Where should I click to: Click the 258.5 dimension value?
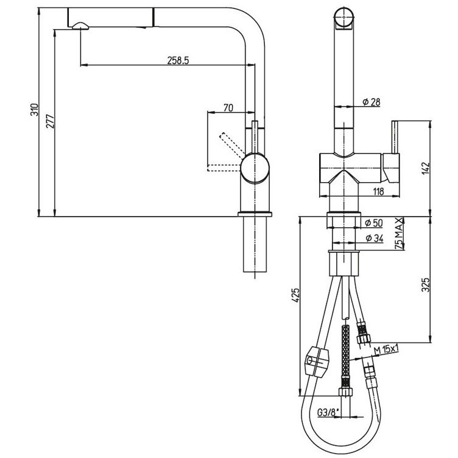(178, 60)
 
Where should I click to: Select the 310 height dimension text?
(35, 110)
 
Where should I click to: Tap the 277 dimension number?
(50, 121)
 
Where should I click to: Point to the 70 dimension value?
(228, 108)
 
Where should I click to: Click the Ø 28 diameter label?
(372, 102)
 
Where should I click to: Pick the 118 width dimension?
(379, 192)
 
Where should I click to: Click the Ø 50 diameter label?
(373, 223)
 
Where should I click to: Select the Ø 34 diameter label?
(374, 238)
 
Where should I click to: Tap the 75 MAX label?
(399, 233)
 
